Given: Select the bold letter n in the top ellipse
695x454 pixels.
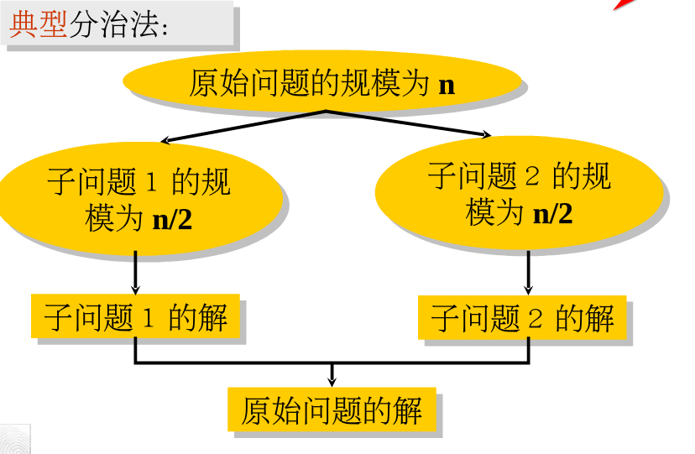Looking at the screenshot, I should pyautogui.click(x=447, y=85).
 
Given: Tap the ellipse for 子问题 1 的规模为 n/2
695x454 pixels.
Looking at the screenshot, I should pyautogui.click(x=138, y=199).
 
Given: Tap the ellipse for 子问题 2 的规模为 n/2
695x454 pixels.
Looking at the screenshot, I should pyautogui.click(x=518, y=194).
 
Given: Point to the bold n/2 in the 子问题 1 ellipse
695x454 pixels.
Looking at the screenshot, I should pyautogui.click(x=172, y=220).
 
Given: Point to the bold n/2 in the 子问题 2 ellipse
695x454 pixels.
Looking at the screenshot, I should pyautogui.click(x=553, y=214).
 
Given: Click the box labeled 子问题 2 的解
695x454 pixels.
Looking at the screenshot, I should pyautogui.click(x=522, y=316).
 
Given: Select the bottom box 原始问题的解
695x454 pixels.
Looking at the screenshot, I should pyautogui.click(x=332, y=410).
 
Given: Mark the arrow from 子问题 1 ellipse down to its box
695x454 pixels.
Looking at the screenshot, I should pyautogui.click(x=135, y=272).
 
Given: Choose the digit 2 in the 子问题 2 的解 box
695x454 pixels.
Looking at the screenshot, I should pyautogui.click(x=536, y=318).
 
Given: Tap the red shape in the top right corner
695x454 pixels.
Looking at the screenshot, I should pyautogui.click(x=623, y=4).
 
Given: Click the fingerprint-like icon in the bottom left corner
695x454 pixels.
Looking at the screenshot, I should pyautogui.click(x=14, y=439).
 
